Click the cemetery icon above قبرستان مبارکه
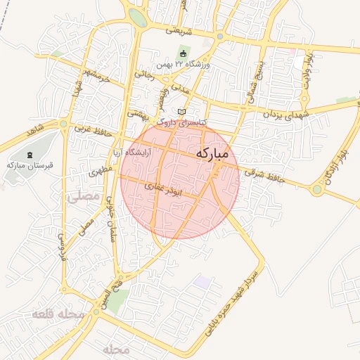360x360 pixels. coord(29,154)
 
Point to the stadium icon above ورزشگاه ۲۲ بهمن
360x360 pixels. coord(184,54)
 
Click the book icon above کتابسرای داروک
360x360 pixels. coord(182,112)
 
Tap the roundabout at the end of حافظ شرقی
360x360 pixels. coord(317,189)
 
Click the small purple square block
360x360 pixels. coord(202,282)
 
